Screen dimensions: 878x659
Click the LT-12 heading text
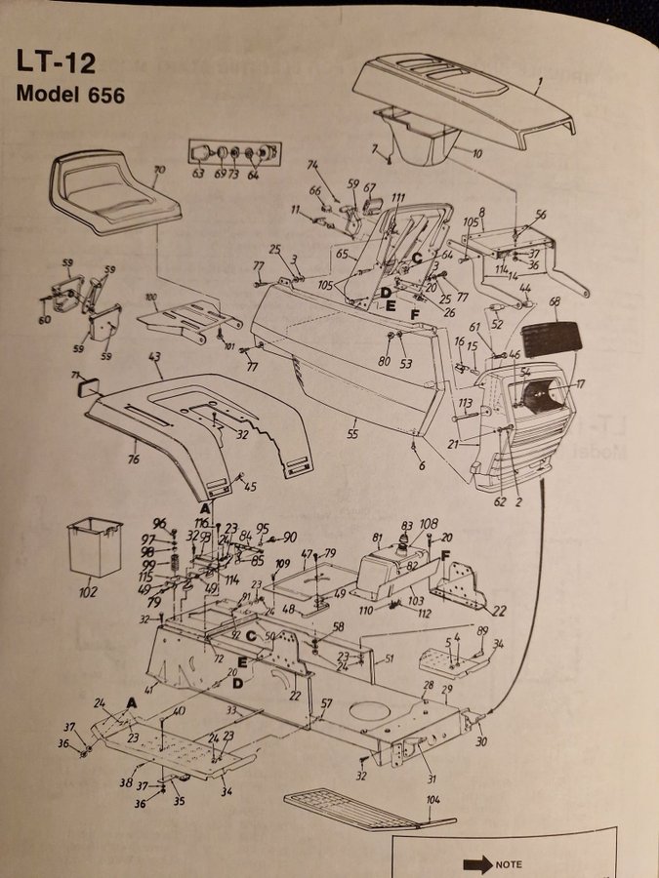(55, 61)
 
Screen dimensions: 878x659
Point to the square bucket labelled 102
(94, 549)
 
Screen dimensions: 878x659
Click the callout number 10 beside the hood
(477, 154)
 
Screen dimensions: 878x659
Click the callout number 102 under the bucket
(88, 590)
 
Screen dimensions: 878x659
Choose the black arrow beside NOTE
(476, 863)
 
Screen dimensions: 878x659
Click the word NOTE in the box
(510, 864)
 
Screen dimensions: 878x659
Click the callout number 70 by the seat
(160, 171)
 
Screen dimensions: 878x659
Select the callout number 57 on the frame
(327, 703)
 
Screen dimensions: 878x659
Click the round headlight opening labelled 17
(539, 394)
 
